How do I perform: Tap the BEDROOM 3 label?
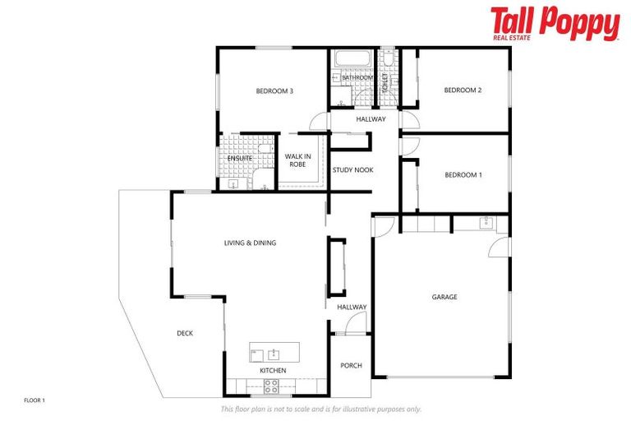274,90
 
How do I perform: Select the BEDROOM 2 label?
463,90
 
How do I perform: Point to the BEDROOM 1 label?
463,175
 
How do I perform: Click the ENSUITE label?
240,157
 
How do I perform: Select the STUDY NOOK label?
352,170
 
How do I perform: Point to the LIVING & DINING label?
251,243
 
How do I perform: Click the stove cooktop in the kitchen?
271,386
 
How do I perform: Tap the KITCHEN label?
273,371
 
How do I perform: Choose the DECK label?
185,333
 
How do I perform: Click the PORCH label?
351,366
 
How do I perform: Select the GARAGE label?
444,297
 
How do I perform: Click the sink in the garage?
484,222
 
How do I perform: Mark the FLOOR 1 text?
35,400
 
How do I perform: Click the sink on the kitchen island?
273,354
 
